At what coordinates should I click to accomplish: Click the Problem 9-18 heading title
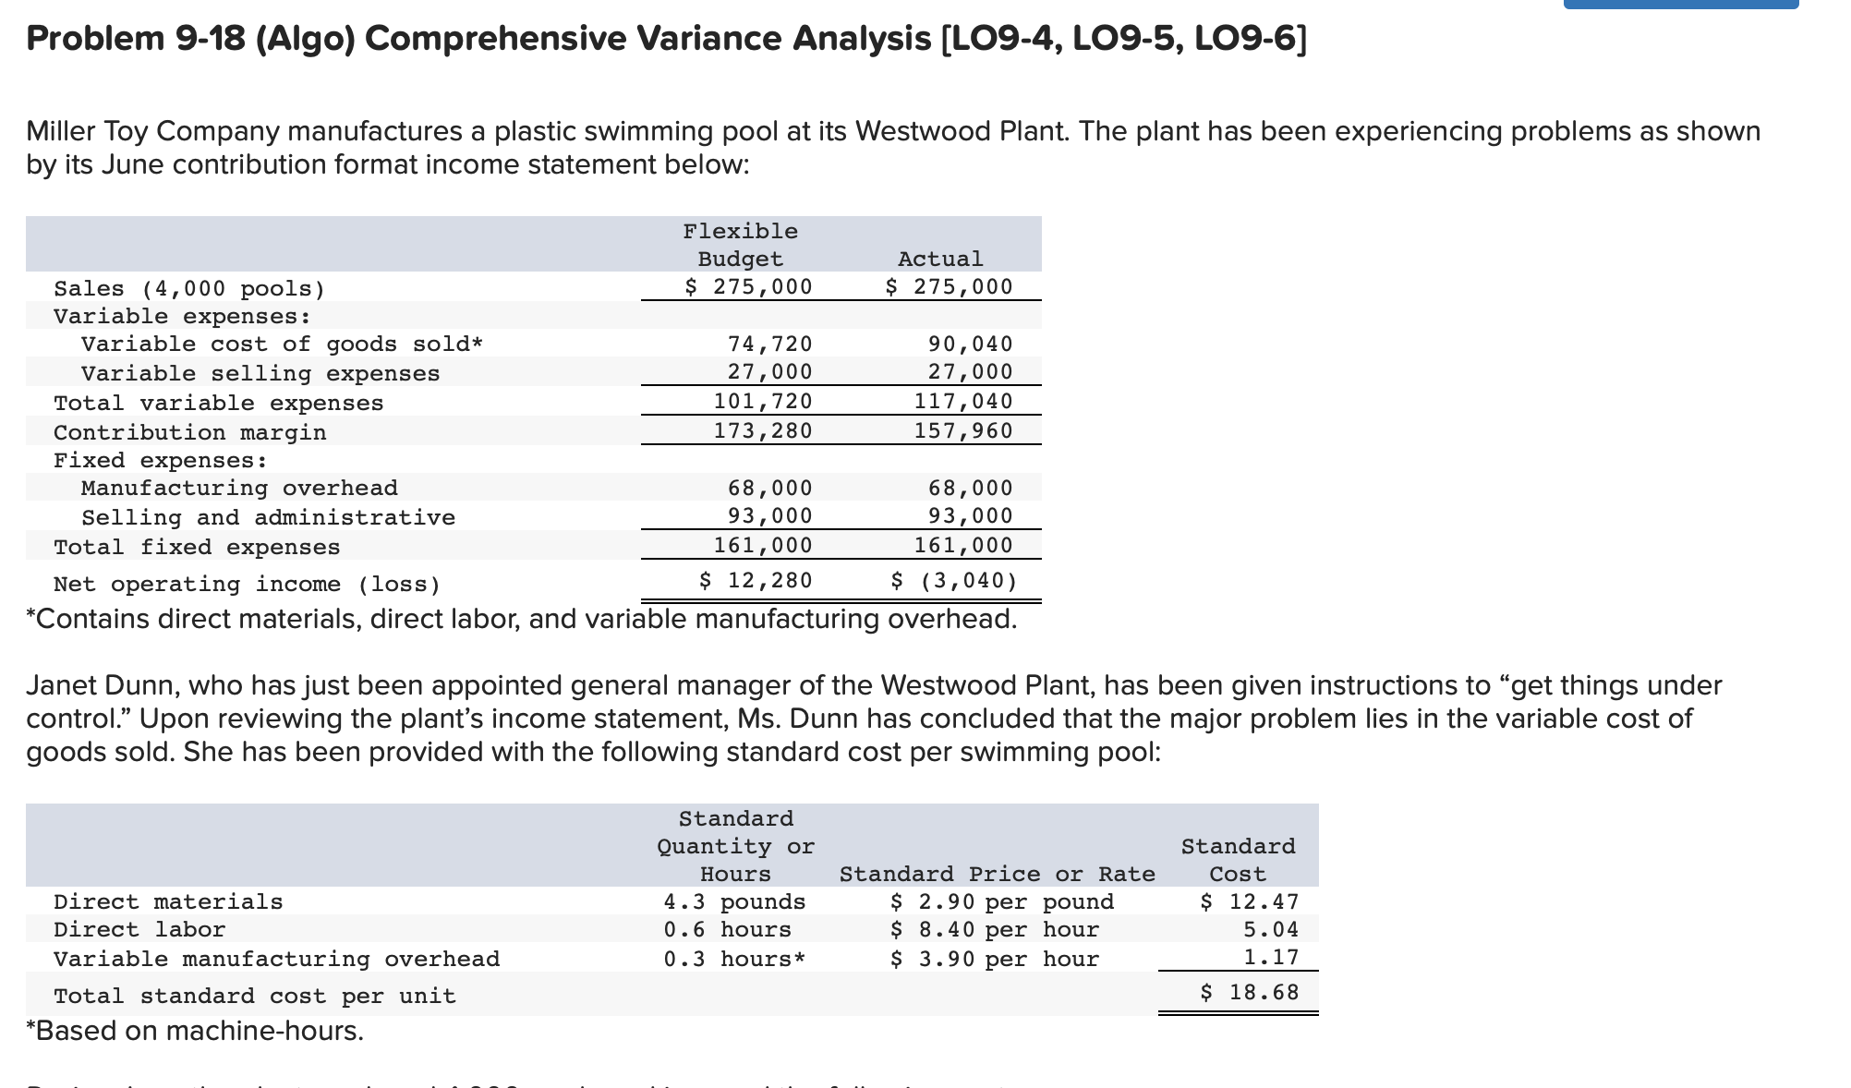(x=666, y=39)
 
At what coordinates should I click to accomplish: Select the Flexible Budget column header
(x=740, y=245)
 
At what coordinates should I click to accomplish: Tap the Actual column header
(x=940, y=259)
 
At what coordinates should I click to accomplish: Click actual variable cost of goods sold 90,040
(x=970, y=344)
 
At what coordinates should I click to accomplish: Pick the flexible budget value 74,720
(x=769, y=344)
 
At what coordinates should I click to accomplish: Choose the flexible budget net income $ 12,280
(x=756, y=580)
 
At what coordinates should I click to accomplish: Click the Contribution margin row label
(x=189, y=432)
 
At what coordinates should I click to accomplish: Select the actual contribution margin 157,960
(x=963, y=430)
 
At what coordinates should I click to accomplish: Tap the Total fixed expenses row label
(x=197, y=547)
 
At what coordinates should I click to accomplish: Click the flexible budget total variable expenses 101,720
(x=763, y=401)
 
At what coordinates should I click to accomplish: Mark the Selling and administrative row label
(x=268, y=517)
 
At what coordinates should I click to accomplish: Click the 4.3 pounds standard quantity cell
(x=734, y=901)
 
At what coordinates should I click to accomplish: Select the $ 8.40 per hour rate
(x=994, y=929)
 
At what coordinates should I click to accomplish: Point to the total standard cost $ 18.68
(x=1249, y=992)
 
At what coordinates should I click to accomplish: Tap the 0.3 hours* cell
(x=734, y=959)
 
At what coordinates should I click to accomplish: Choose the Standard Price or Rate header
(x=997, y=874)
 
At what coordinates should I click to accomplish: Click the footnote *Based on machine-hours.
(x=195, y=1031)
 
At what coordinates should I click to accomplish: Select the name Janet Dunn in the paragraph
(x=98, y=685)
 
